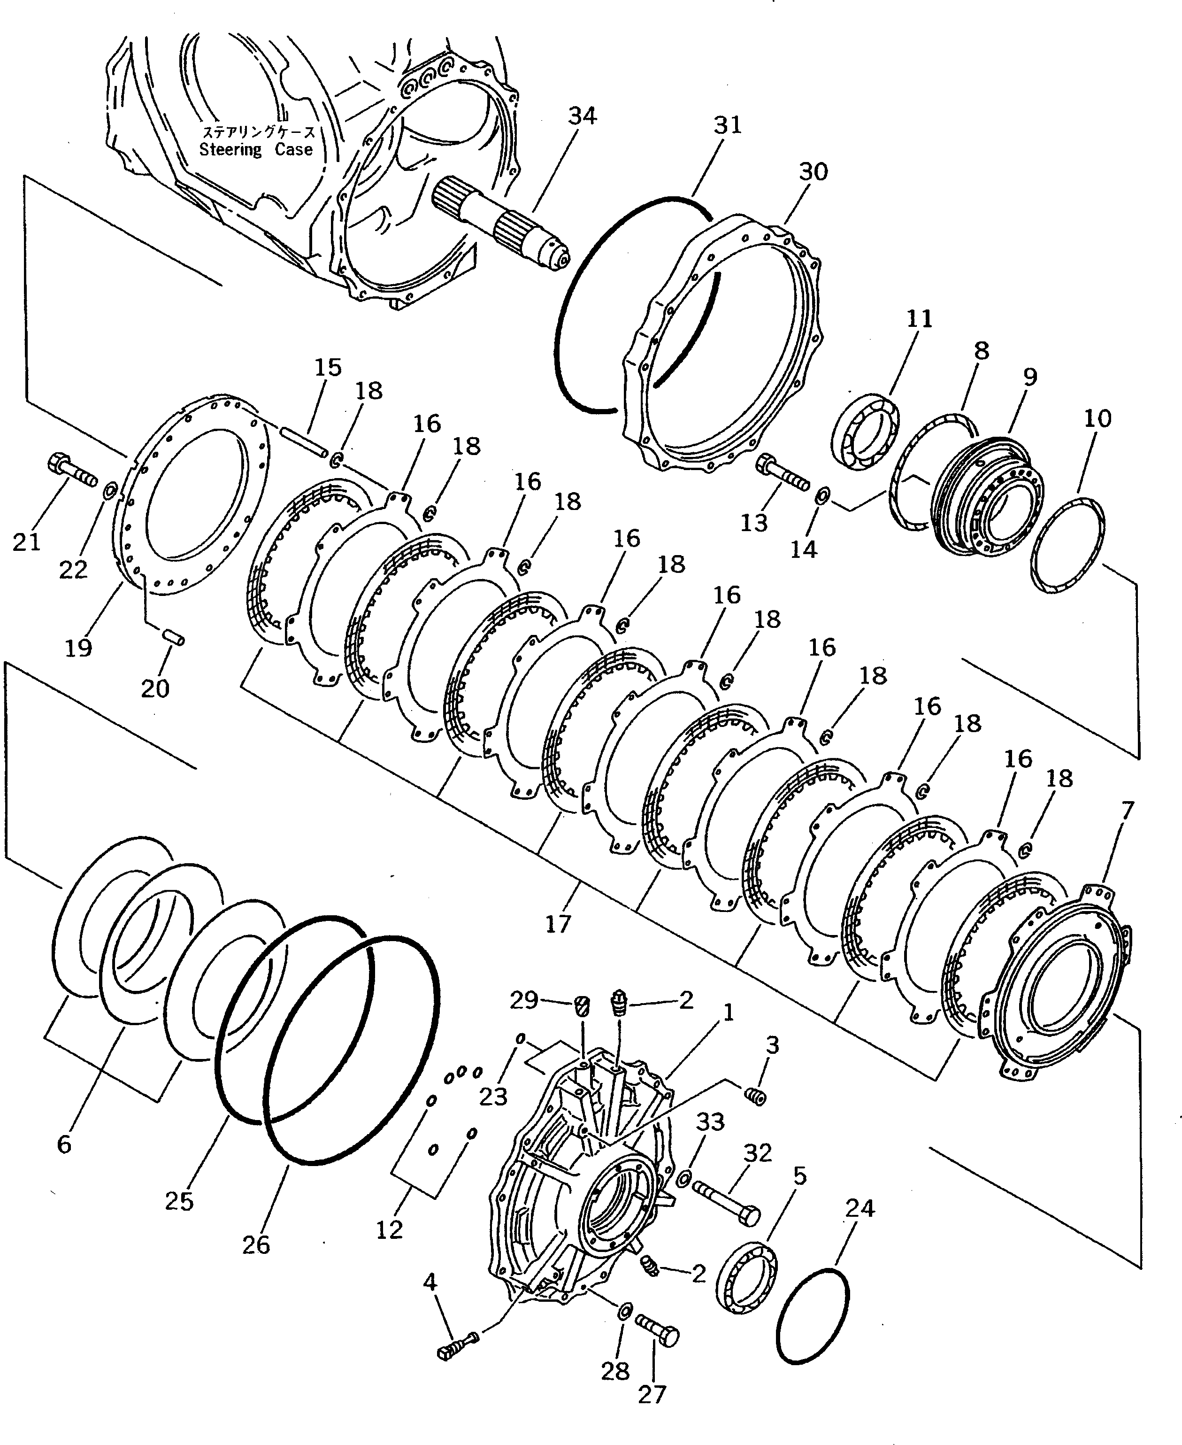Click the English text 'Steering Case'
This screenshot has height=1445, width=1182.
256,150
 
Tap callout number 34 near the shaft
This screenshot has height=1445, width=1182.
582,116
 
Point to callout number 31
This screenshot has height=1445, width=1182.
727,125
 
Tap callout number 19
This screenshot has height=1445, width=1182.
78,647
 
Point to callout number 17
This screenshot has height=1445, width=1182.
558,924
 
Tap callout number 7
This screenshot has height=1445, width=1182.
1127,811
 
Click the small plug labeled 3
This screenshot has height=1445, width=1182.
755,1097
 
